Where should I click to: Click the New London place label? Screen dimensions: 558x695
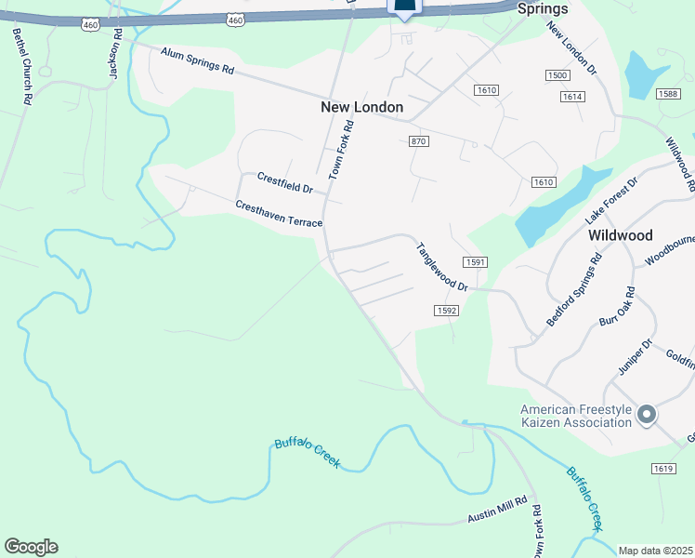click(361, 107)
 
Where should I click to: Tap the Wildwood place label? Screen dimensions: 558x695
click(621, 235)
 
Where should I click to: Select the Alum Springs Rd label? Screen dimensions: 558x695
click(197, 63)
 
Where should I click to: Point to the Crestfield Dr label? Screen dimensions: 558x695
click(285, 182)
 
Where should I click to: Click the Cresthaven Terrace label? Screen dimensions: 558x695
click(279, 214)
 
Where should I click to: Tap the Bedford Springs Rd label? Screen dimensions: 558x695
click(574, 287)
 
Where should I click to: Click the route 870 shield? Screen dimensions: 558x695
click(418, 140)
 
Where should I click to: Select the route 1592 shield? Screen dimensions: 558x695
click(445, 310)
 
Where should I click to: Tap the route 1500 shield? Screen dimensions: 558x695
click(557, 75)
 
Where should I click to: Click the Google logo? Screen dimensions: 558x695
click(31, 547)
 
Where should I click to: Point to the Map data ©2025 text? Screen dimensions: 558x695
click(656, 551)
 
